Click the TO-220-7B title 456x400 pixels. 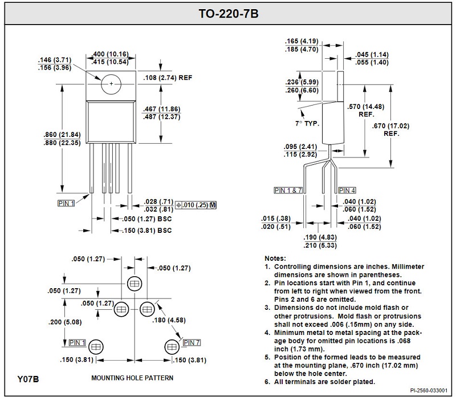point(228,13)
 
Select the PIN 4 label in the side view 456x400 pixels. point(347,190)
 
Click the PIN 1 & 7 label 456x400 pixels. point(288,190)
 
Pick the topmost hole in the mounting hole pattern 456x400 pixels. point(135,284)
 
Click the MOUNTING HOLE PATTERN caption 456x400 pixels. point(132,378)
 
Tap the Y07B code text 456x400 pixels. point(28,378)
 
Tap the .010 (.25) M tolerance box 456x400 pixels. point(197,204)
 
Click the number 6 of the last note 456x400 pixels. point(267,381)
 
